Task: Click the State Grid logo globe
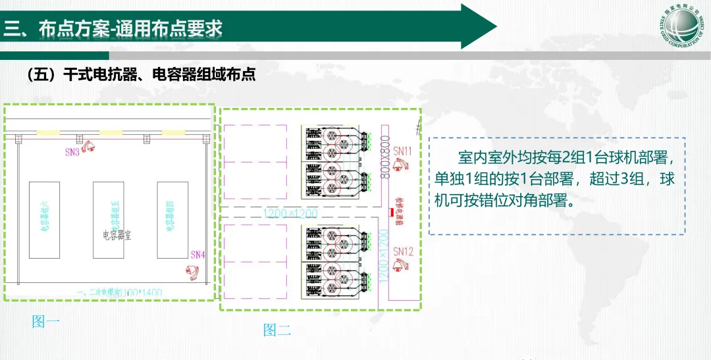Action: click(x=684, y=26)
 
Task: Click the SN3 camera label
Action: click(x=72, y=152)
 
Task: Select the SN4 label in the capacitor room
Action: click(x=197, y=254)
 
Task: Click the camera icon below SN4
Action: click(x=192, y=270)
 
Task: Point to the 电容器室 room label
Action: click(x=117, y=234)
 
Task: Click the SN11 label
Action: click(x=403, y=151)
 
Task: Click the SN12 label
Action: click(x=403, y=251)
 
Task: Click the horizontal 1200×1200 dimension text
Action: click(x=290, y=213)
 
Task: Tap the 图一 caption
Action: click(x=46, y=322)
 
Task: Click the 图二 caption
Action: click(x=277, y=330)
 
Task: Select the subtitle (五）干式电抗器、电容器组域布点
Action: click(x=140, y=74)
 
